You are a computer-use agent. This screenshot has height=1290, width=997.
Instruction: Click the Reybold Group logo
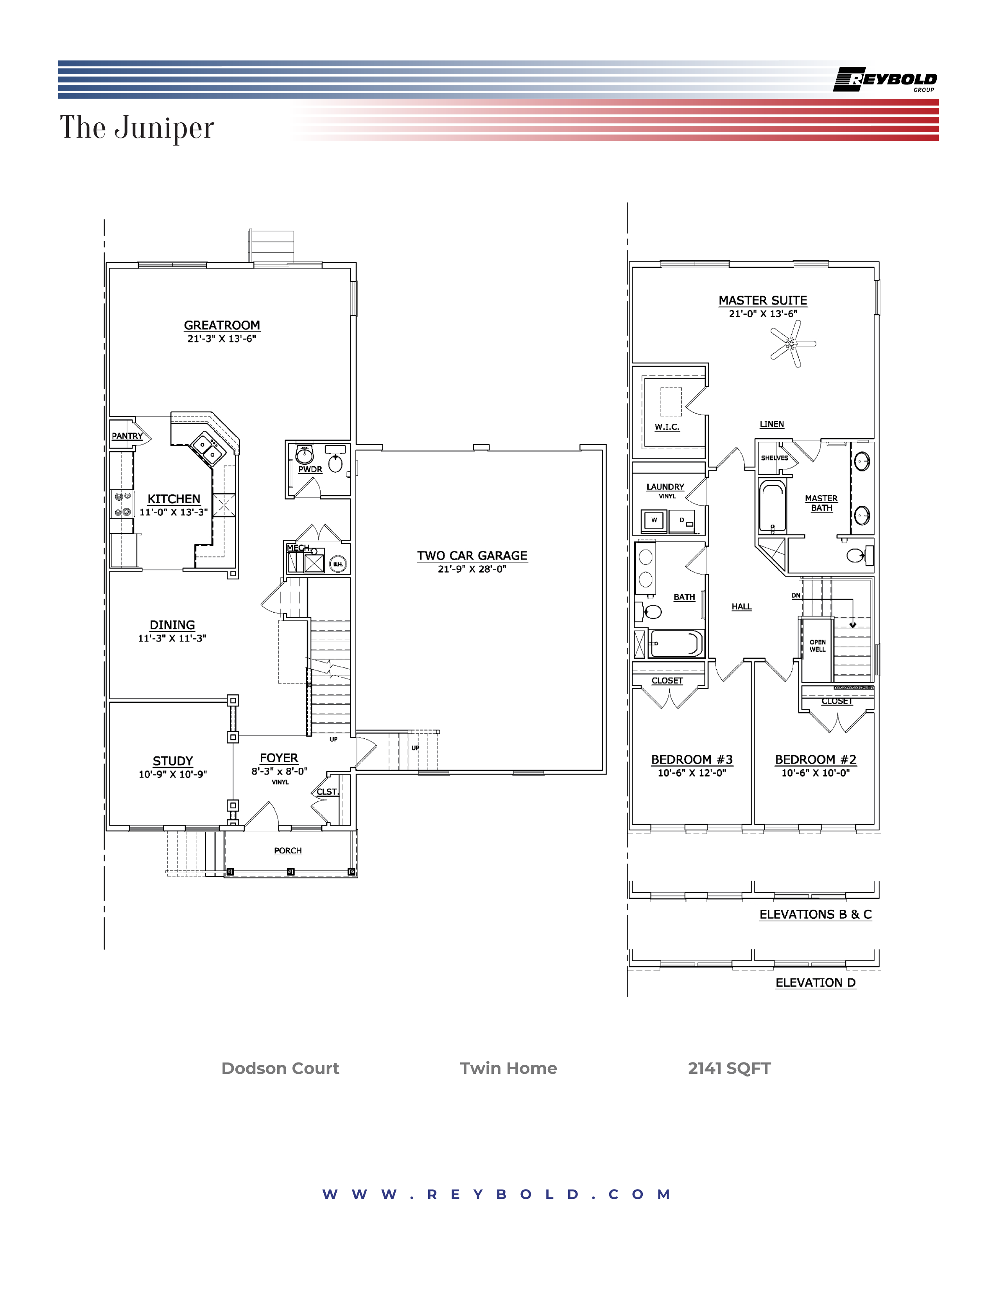[885, 80]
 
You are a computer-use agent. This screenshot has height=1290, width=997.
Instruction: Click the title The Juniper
[136, 127]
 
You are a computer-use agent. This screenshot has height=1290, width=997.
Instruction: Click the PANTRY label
[127, 436]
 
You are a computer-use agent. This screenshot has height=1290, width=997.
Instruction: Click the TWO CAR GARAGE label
[472, 555]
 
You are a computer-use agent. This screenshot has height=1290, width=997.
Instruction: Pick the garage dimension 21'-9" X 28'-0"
[472, 569]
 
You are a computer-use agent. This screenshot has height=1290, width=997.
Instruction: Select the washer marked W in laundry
[654, 520]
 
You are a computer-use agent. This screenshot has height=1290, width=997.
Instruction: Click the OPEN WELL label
[818, 646]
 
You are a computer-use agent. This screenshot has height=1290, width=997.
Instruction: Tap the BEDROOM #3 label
[692, 760]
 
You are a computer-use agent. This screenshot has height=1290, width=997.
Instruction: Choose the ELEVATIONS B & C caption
[815, 914]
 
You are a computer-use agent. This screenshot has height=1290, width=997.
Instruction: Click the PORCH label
[288, 851]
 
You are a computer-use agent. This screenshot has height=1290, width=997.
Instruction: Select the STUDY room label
[172, 761]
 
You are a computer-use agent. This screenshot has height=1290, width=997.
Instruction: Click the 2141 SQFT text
[729, 1068]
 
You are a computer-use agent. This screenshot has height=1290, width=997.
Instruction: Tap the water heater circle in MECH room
[337, 564]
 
